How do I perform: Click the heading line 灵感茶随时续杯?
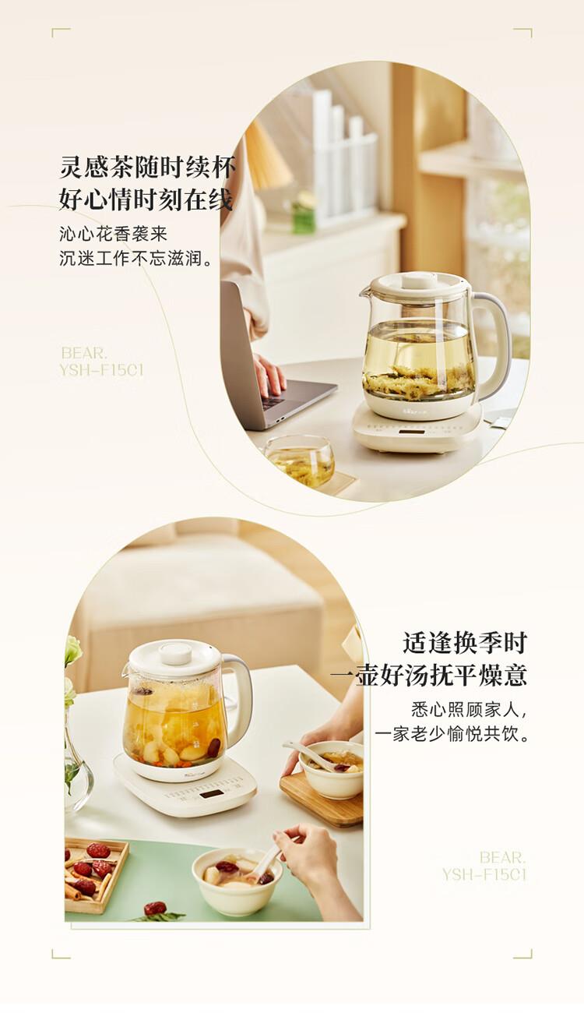coord(147,167)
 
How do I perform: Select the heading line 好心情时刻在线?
coord(146,199)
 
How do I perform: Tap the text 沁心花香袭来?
coord(114,235)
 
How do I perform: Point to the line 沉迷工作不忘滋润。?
coord(136,259)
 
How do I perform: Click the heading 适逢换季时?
coord(465,643)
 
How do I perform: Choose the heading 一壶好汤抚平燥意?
coord(429,676)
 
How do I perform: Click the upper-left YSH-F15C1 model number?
coord(102,370)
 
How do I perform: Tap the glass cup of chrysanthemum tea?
coord(299,461)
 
